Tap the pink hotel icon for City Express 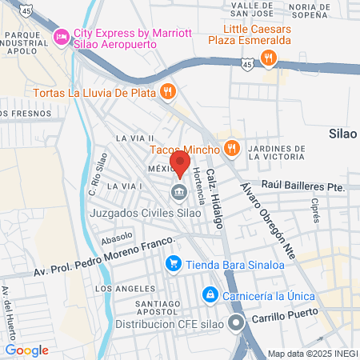[x=60, y=38]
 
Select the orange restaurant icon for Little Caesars [x=268, y=58]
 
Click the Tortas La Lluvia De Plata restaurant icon [x=167, y=92]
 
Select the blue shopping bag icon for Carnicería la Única [x=210, y=295]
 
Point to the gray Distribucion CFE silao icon [x=235, y=324]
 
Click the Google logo [x=27, y=350]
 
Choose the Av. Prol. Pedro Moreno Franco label [x=104, y=258]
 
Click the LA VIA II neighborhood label [x=134, y=138]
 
